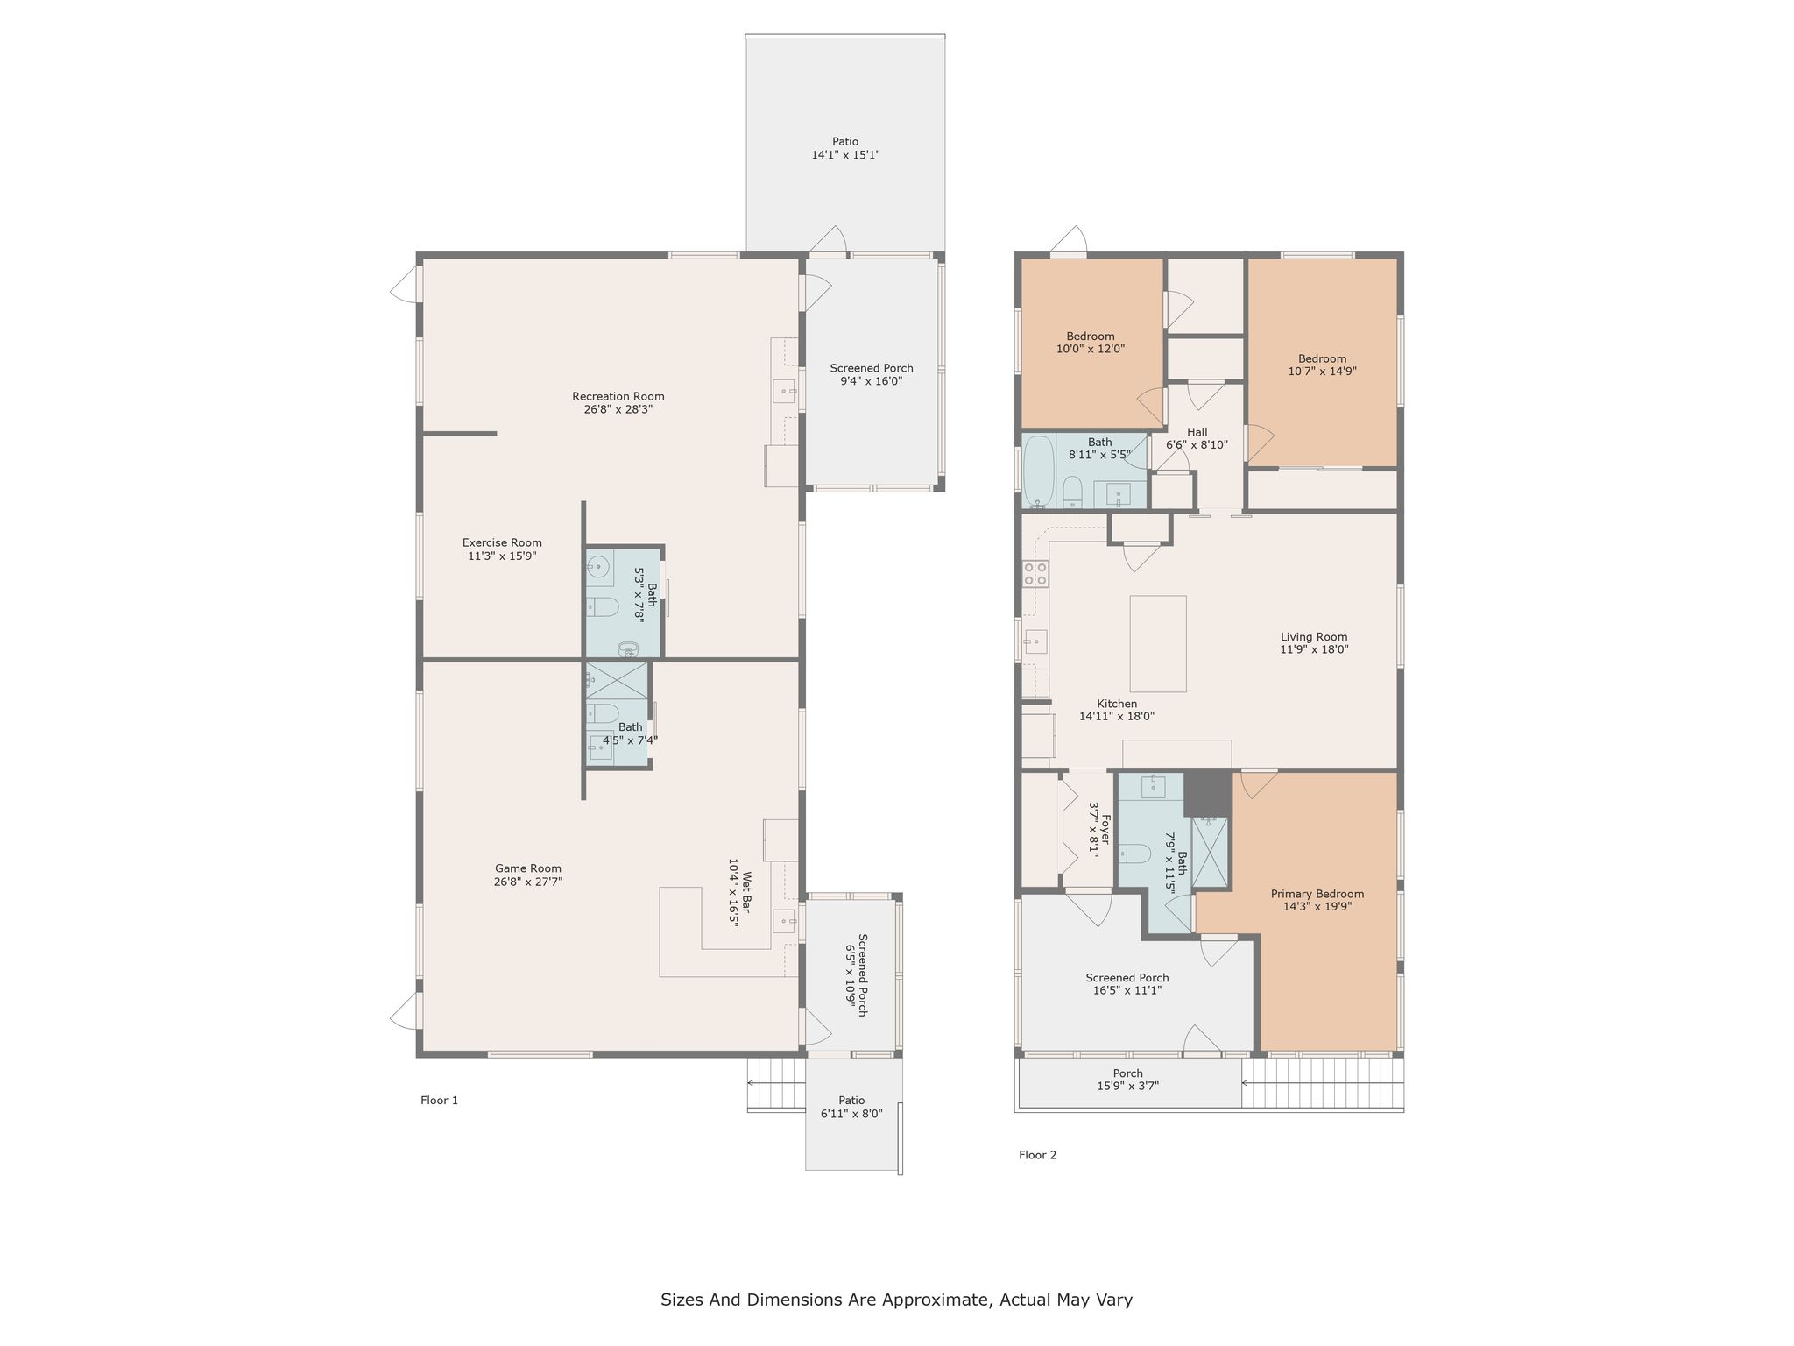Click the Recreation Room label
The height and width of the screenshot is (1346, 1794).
coord(618,396)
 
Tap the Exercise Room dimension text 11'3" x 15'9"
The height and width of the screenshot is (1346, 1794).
coord(502,556)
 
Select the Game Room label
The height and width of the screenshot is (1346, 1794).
coord(528,868)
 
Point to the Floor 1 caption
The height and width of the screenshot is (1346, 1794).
coord(439,1101)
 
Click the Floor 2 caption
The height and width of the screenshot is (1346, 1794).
coord(1037,1155)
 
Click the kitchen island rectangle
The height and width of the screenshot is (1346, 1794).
coord(1158,644)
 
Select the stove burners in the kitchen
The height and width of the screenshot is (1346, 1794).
coord(1035,574)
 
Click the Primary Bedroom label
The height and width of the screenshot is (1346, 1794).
coord(1317,894)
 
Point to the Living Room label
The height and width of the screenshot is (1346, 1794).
coord(1314,637)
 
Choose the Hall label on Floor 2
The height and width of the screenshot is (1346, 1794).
coord(1197,432)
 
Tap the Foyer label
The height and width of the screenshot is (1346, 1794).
coord(1105,828)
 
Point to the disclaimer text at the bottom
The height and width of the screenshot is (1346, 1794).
coord(896,1300)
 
